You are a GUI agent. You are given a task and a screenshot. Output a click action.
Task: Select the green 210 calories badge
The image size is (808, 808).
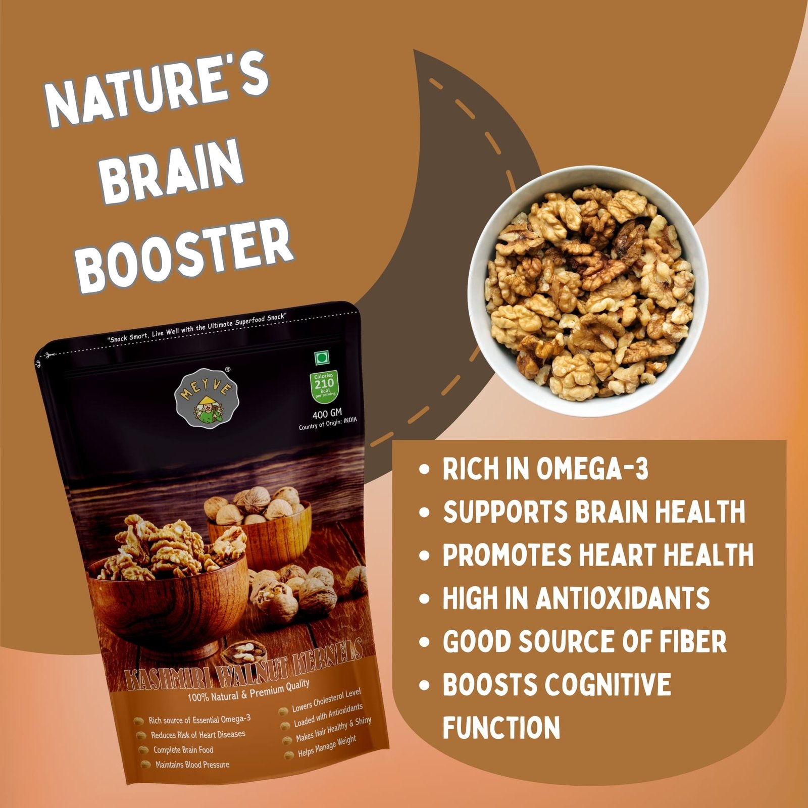tap(324, 385)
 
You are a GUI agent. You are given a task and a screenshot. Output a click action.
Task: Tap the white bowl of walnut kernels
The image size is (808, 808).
tap(588, 291)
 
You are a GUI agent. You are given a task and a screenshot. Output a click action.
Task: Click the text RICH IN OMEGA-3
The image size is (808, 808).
tap(545, 469)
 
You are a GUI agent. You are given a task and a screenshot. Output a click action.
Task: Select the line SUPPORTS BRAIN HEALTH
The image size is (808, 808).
tap(594, 512)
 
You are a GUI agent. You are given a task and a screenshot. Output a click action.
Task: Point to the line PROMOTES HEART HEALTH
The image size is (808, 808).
tap(598, 554)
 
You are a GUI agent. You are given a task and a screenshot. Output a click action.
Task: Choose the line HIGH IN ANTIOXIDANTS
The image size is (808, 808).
tap(576, 598)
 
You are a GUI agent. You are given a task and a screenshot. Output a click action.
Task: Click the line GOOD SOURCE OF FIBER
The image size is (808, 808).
tap(584, 641)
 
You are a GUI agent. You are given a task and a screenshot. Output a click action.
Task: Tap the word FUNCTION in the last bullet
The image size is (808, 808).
tap(501, 728)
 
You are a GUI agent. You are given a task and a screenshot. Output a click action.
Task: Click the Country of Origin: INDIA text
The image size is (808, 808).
tap(328, 424)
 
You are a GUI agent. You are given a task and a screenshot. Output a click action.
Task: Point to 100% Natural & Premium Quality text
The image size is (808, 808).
tap(248, 690)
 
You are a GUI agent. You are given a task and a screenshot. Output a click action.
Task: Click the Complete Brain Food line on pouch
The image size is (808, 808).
tap(183, 750)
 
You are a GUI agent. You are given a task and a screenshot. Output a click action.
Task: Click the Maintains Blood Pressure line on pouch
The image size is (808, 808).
tap(192, 765)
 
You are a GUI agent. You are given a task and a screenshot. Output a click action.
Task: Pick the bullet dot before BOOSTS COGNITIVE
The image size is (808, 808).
tap(424, 685)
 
